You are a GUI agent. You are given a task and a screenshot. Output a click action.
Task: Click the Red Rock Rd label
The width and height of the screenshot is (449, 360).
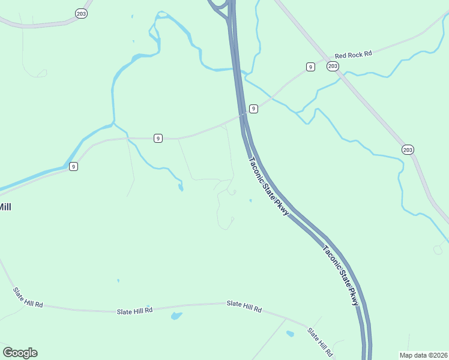[354, 54]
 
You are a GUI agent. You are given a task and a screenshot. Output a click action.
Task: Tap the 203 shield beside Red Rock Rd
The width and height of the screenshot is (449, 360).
[333, 66]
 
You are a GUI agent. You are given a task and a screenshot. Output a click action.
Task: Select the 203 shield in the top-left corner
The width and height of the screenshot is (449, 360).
[81, 13]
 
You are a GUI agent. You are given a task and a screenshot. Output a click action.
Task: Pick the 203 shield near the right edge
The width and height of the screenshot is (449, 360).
[408, 149]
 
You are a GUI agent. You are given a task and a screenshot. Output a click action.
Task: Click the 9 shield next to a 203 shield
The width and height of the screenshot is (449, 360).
[310, 67]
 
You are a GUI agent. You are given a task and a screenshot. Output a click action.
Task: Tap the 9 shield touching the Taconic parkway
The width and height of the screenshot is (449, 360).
[254, 109]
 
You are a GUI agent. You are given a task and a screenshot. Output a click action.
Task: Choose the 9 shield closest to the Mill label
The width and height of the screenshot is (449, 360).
[73, 166]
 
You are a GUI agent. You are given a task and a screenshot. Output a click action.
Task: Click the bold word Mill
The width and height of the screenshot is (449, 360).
[5, 207]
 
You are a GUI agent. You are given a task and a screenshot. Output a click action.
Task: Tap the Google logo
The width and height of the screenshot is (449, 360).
[20, 353]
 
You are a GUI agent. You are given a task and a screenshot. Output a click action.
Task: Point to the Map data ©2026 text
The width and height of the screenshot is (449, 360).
[423, 355]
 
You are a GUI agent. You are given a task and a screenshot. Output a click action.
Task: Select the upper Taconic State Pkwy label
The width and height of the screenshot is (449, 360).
[269, 187]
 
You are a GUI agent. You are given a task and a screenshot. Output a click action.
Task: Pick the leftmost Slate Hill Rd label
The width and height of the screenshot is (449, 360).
[28, 297]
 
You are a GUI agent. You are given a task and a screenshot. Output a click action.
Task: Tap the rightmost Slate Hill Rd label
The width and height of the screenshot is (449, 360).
[320, 340]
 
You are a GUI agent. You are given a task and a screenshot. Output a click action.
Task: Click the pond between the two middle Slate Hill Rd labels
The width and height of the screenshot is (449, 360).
[175, 316]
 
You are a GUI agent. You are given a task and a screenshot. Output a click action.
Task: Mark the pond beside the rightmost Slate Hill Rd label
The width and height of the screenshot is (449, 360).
[290, 334]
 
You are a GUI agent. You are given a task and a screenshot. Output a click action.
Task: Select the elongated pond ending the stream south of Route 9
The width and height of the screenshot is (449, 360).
[181, 188]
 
